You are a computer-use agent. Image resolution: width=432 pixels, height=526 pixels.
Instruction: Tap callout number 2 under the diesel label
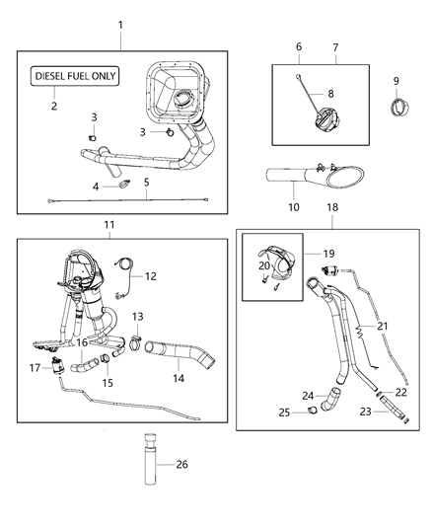(x=54, y=106)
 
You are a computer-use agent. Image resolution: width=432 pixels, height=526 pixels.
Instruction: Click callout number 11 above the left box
(x=109, y=225)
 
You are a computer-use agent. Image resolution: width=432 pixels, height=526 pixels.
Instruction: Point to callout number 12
(x=150, y=278)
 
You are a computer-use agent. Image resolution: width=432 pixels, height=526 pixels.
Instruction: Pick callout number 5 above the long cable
(x=146, y=183)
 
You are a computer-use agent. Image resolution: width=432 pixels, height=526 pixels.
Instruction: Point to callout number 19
(x=327, y=253)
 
